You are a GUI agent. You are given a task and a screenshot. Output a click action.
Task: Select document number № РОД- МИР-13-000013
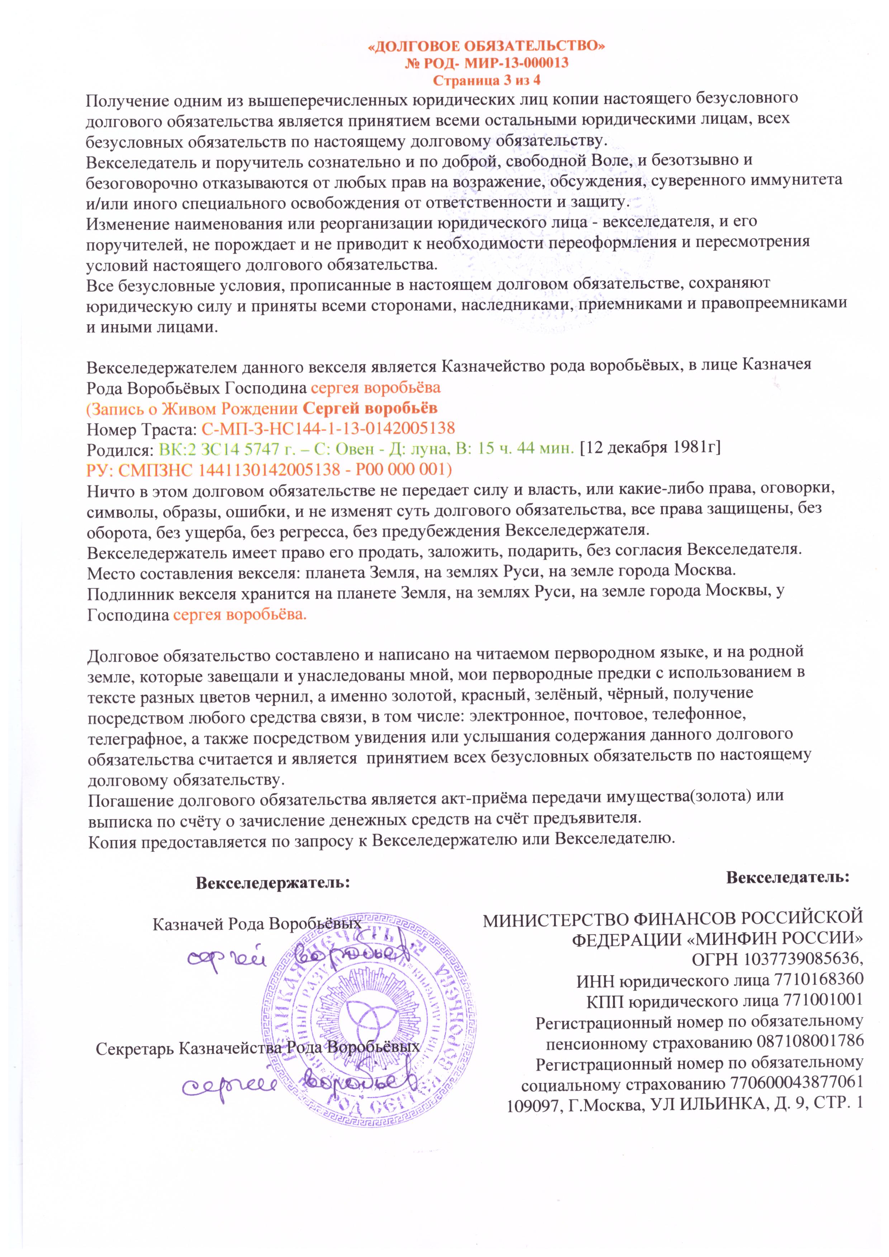[486, 63]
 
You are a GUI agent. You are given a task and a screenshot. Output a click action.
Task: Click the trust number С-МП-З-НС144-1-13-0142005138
[328, 428]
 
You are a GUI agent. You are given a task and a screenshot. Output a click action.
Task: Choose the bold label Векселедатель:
[788, 877]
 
